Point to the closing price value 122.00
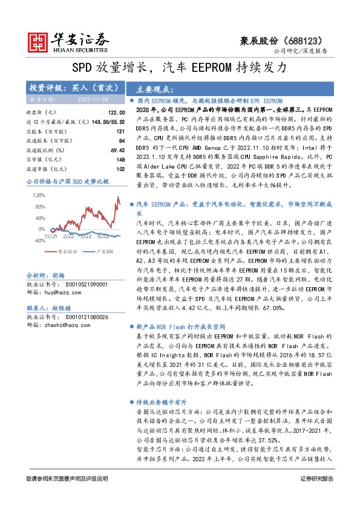tap(116, 113)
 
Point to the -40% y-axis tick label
tap(39, 240)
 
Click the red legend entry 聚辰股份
tap(68, 250)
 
